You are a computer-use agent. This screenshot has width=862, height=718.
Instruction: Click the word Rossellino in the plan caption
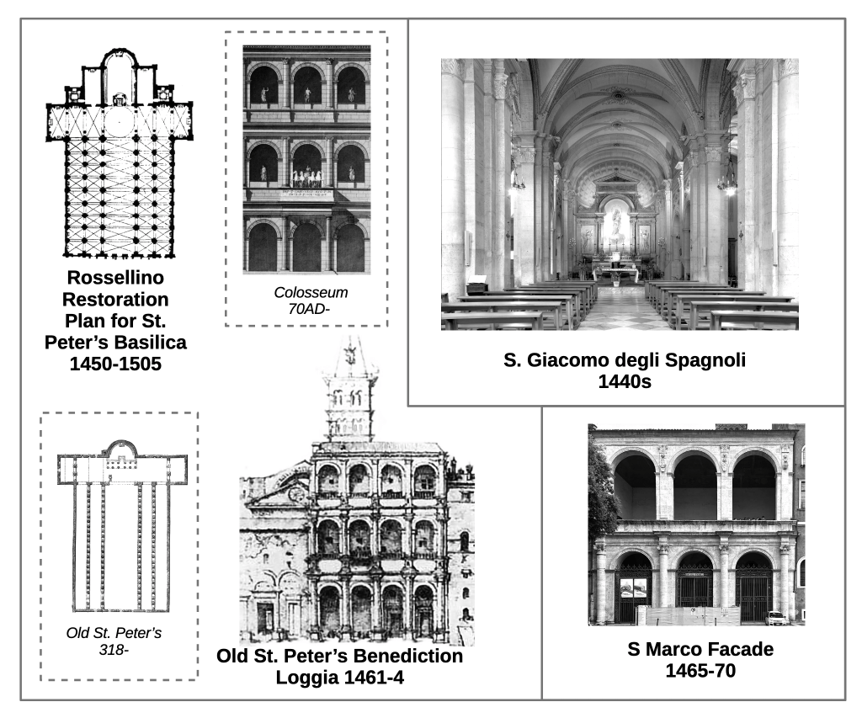coord(116,279)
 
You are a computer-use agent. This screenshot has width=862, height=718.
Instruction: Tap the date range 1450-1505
coord(116,364)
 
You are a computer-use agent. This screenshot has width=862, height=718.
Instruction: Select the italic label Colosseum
coord(311,293)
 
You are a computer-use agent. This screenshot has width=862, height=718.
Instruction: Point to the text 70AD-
coord(306,308)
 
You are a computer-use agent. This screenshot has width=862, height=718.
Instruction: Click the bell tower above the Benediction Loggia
coord(350,396)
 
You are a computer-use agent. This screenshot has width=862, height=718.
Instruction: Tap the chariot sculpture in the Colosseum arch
coord(307,177)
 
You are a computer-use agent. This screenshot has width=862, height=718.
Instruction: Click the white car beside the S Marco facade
coord(776,617)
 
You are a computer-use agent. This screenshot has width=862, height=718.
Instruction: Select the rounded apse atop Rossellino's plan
coord(119,67)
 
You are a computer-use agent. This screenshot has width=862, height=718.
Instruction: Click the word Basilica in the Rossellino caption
coord(150,343)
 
